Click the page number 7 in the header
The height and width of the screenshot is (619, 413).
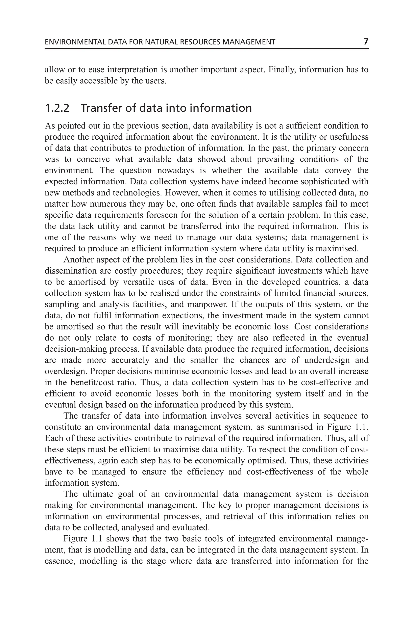(x=366, y=41)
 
